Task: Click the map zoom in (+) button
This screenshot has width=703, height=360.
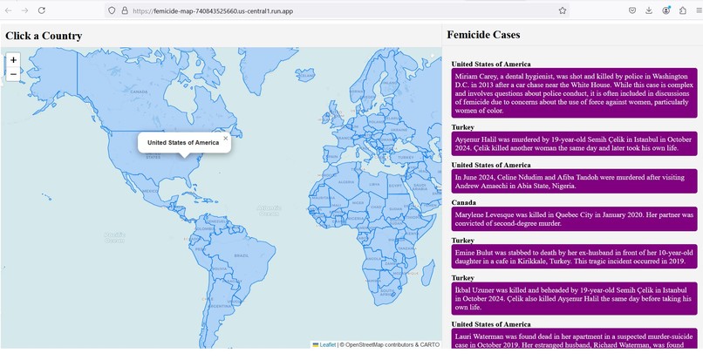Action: pos(13,60)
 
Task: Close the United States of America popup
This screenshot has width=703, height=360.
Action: pos(225,138)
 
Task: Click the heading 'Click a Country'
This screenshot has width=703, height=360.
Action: pos(44,36)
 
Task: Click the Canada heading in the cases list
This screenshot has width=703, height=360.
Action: pos(464,202)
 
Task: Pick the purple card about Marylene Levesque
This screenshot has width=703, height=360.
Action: pos(573,219)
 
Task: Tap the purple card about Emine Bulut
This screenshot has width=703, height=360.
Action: pos(573,256)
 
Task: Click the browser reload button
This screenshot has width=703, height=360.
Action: pos(41,10)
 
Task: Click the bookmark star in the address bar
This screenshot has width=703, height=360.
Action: pos(563,10)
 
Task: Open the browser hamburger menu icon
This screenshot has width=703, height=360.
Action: pos(697,10)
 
